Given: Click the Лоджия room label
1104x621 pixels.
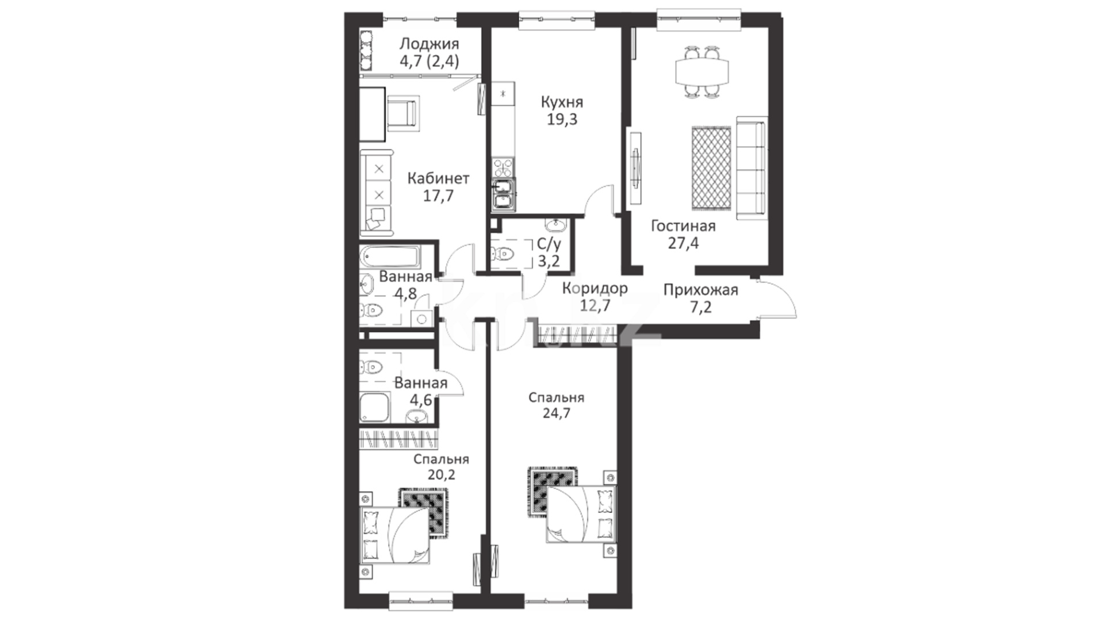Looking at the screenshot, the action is click(x=429, y=44).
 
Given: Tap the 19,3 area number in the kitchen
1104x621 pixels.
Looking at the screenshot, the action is click(x=562, y=120).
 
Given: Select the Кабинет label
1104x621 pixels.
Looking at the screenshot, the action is click(x=438, y=178).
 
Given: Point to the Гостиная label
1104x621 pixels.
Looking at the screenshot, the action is click(x=683, y=226).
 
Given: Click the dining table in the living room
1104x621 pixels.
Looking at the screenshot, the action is click(x=702, y=72).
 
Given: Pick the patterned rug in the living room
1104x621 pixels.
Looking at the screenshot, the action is click(x=711, y=168).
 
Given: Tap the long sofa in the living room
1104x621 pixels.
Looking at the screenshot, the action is click(x=751, y=167).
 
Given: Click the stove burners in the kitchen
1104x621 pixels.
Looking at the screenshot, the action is click(x=503, y=168).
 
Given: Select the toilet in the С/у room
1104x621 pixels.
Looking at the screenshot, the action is click(x=503, y=254).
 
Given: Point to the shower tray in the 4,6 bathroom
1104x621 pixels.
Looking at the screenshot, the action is click(x=374, y=408).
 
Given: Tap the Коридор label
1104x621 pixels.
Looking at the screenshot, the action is click(x=595, y=288).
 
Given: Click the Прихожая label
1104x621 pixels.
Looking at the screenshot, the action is click(x=700, y=290).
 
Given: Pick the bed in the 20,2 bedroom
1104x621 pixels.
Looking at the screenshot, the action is click(x=395, y=535).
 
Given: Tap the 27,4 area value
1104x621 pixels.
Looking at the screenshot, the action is click(x=683, y=243).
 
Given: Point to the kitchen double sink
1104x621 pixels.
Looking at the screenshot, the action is click(x=504, y=193).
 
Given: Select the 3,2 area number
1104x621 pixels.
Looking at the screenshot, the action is click(x=549, y=261).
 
